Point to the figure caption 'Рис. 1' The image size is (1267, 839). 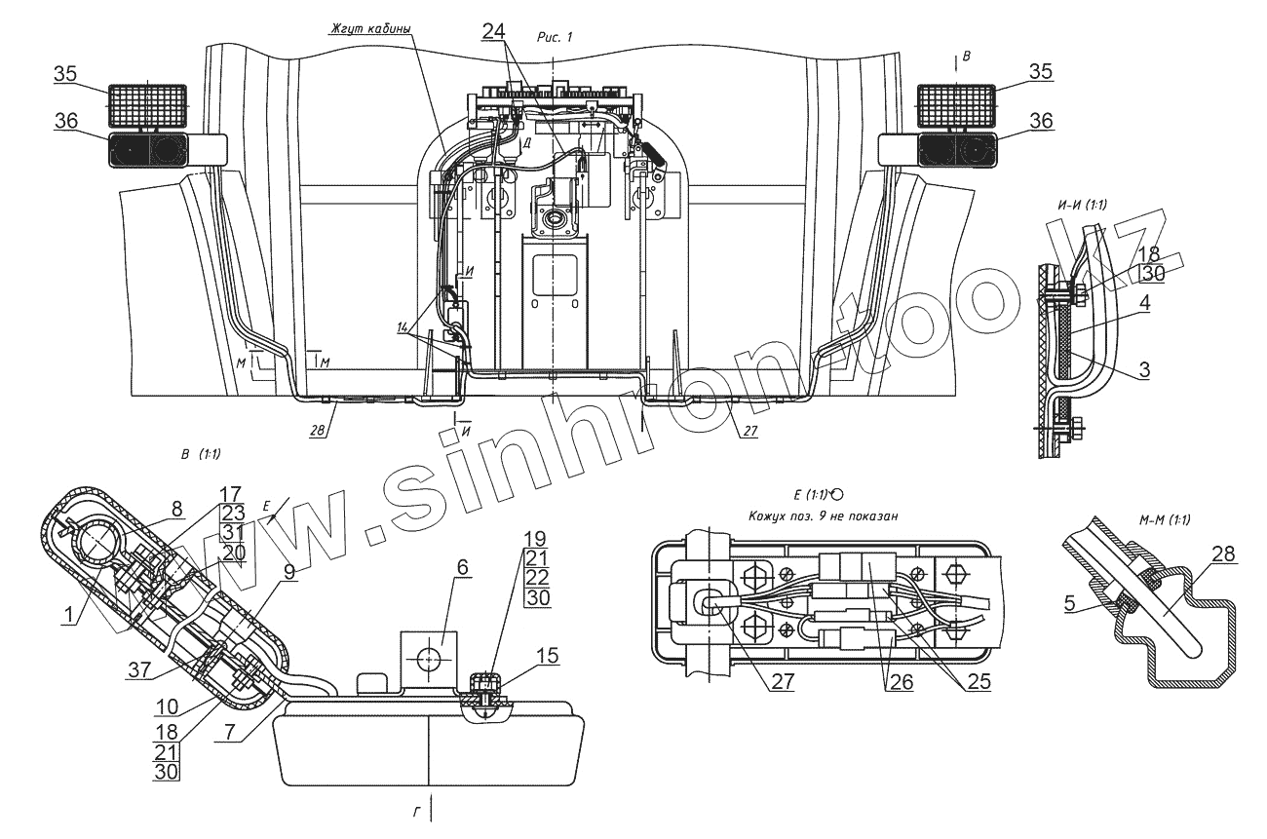coord(555,36)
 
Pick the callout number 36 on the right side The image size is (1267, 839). coord(1041,122)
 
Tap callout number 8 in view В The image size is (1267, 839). coord(176,507)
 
